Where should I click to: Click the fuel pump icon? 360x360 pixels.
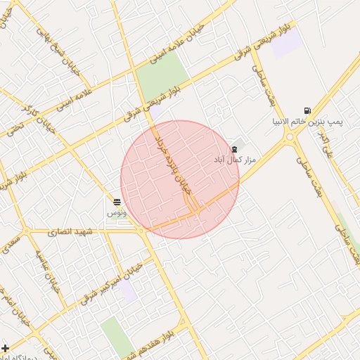pyautogui.click(x=307, y=110)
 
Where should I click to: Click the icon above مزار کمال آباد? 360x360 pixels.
pyautogui.click(x=234, y=149)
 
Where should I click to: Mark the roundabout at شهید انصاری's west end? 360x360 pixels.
pyautogui.click(x=27, y=231)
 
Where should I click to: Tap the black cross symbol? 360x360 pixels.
pyautogui.click(x=6, y=347)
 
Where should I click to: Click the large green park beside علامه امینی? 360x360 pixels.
pyautogui.click(x=162, y=77)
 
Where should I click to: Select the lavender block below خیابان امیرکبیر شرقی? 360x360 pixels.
pyautogui.click(x=127, y=291)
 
